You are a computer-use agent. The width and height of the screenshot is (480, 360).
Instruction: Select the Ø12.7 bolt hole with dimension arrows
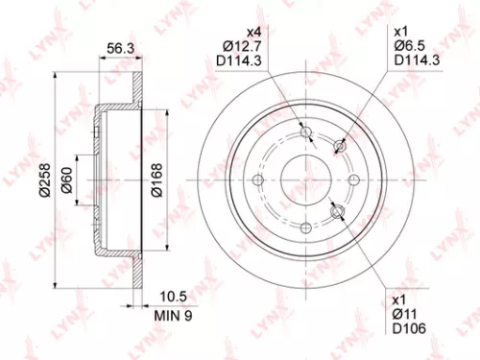306,136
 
